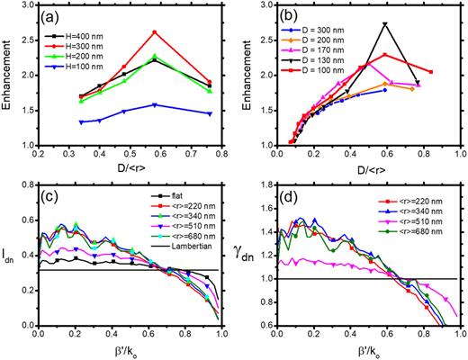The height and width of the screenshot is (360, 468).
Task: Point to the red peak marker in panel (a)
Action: point(155,32)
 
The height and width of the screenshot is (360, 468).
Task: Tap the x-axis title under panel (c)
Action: point(133,349)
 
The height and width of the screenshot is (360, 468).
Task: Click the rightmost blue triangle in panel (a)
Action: point(209,113)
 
